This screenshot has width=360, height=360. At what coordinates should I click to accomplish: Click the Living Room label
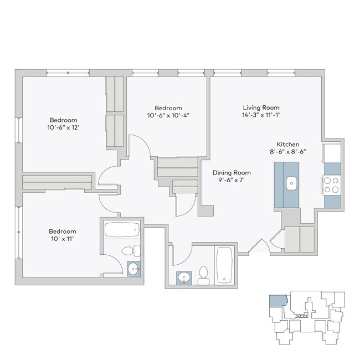click(x=261, y=107)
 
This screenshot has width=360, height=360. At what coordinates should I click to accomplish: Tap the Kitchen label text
click(x=288, y=142)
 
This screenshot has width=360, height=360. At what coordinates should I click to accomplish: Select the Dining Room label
click(x=232, y=172)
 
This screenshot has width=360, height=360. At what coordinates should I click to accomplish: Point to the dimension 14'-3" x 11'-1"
click(x=261, y=116)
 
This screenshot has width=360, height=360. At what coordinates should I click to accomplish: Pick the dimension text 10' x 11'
click(x=62, y=240)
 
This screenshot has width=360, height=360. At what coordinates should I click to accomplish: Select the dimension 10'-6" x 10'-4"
click(x=168, y=116)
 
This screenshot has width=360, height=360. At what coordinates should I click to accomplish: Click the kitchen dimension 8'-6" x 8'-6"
click(x=288, y=151)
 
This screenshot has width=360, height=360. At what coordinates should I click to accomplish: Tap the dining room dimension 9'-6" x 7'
click(x=232, y=181)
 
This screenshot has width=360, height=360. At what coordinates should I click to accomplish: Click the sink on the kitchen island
click(x=291, y=183)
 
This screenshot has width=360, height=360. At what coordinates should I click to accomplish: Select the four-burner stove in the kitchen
click(x=331, y=184)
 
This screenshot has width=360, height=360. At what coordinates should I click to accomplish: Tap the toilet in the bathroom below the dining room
click(x=203, y=275)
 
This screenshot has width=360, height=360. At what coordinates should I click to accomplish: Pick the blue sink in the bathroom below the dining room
click(x=183, y=277)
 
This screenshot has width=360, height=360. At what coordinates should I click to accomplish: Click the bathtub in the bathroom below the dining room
click(x=224, y=265)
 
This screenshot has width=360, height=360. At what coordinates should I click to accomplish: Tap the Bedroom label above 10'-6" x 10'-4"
click(x=168, y=108)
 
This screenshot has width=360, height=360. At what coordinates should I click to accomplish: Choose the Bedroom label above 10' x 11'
click(x=62, y=232)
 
